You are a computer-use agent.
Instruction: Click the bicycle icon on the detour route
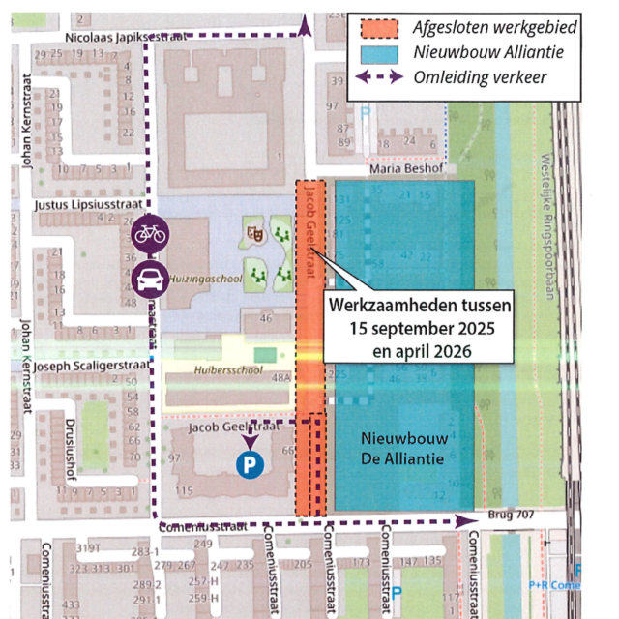tap(148, 233)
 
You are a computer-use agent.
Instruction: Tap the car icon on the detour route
tap(148, 280)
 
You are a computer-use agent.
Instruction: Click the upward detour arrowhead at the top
tap(306, 26)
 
